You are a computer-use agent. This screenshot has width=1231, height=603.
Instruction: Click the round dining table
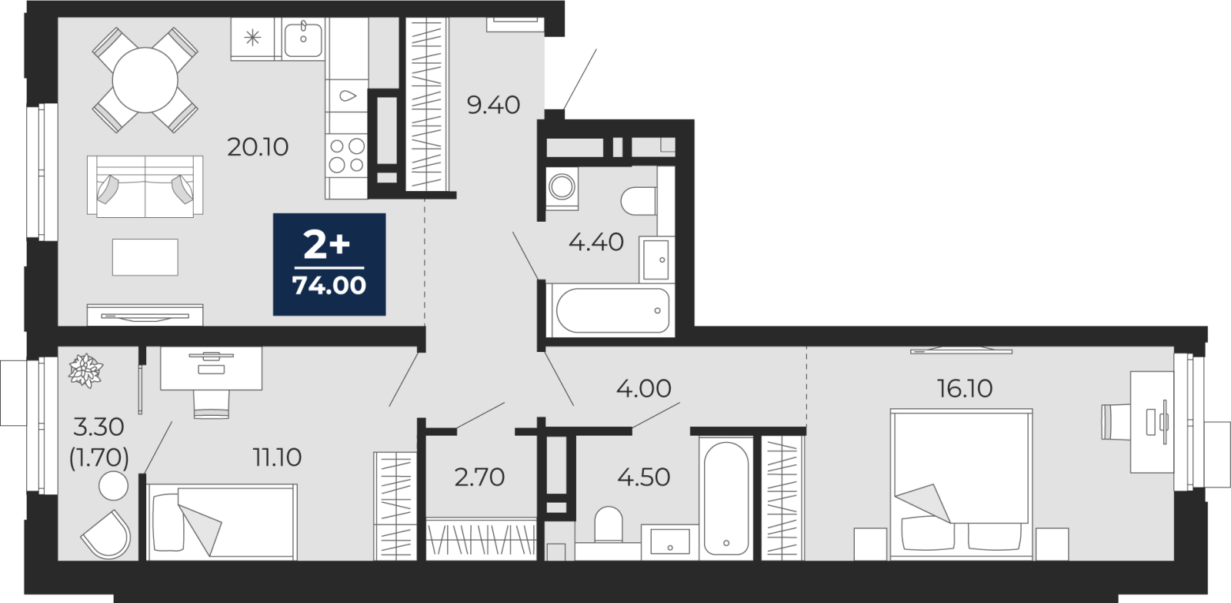point(145,80)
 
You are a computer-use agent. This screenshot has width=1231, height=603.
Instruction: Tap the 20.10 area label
point(258,147)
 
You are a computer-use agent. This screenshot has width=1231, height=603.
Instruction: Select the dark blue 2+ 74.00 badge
point(329,264)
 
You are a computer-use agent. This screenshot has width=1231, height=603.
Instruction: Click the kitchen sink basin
point(303,38)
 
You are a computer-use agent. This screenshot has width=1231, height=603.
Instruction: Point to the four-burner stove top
point(346,156)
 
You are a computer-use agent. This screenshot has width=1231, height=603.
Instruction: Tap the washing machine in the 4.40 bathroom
point(562,187)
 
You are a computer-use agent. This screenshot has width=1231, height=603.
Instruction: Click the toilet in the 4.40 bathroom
point(639,201)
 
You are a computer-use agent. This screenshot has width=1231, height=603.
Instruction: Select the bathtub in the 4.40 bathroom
point(612,310)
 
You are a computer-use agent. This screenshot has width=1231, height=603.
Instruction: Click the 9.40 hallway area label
point(493,105)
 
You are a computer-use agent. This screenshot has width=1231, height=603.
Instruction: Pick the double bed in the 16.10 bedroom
point(961,483)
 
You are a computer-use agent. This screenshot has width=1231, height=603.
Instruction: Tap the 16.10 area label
point(965,388)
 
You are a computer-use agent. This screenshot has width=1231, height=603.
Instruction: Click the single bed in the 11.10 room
point(222,522)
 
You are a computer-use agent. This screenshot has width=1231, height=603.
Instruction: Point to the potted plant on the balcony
point(85,371)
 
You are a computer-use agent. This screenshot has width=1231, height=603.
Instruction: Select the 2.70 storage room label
point(480,477)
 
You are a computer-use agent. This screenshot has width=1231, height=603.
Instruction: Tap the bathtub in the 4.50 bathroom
point(726,498)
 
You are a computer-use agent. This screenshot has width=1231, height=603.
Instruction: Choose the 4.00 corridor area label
point(643,389)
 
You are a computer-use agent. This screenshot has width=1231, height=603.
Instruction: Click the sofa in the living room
point(145,186)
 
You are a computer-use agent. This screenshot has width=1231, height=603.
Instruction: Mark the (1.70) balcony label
point(99,457)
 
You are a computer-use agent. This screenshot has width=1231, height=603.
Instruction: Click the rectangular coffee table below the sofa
point(145,257)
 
